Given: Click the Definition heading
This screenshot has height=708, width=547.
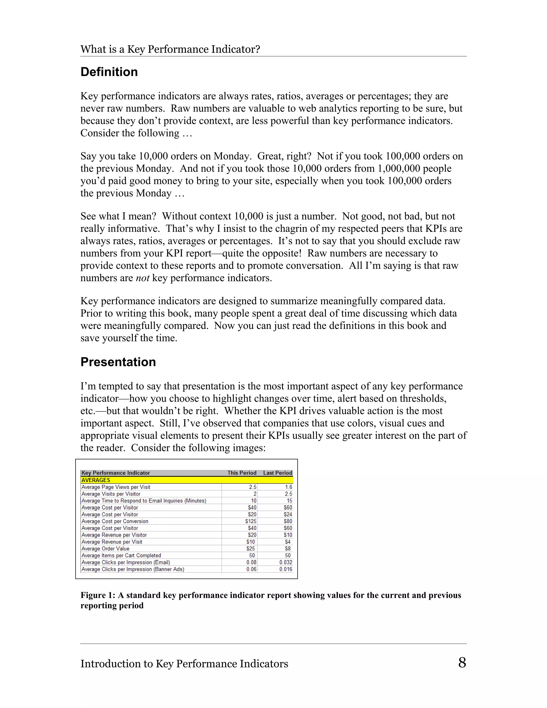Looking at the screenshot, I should [x=109, y=72].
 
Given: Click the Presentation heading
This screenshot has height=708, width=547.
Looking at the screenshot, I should [x=118, y=362].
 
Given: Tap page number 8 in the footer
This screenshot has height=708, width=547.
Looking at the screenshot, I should [x=462, y=662].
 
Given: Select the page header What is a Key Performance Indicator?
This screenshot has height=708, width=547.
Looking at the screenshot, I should [x=170, y=49].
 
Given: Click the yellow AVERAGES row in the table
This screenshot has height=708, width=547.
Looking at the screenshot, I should [x=186, y=480].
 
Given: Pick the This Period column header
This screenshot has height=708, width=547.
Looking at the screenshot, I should [x=242, y=473].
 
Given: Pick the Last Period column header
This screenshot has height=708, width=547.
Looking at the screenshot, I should [x=278, y=473].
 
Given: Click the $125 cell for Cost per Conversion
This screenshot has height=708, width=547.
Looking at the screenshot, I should [x=251, y=521].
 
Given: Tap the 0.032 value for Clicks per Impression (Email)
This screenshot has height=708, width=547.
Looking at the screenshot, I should [x=286, y=562].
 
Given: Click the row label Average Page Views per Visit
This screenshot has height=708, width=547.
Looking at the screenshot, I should [x=116, y=487].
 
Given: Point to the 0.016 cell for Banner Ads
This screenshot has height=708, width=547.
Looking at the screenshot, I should [x=286, y=569].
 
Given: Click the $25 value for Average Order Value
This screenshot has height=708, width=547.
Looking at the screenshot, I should [x=251, y=548].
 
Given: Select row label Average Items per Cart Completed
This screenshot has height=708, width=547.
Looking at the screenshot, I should [x=121, y=556].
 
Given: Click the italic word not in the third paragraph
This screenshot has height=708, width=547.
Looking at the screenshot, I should [x=142, y=278].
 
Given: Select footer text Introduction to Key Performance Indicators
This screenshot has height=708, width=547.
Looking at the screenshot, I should [x=184, y=664].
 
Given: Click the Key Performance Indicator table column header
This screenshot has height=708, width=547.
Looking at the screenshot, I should [x=116, y=473].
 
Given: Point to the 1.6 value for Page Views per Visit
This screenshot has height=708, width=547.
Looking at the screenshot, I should [x=288, y=487].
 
